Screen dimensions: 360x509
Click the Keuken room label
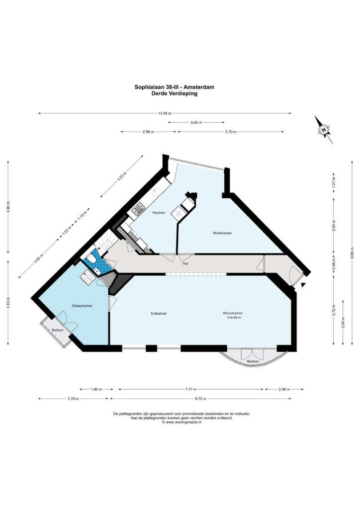click(x=159, y=213)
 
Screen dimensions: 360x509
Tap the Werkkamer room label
click(x=222, y=233)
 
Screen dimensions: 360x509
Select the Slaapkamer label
click(x=82, y=306)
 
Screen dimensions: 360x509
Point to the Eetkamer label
click(x=159, y=314)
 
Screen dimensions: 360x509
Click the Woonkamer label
click(x=233, y=313)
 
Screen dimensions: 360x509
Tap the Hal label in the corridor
click(x=185, y=264)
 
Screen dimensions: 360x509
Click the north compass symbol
click(x=324, y=130)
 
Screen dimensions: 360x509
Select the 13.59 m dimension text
click(x=165, y=113)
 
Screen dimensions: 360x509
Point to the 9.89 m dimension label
click(x=352, y=253)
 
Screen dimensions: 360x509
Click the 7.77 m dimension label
click(x=191, y=389)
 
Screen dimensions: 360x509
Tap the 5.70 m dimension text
click(x=231, y=132)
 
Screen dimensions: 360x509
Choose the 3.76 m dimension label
click(x=73, y=399)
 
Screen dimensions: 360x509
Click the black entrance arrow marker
click(x=303, y=285)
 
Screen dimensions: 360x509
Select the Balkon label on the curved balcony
click(x=253, y=361)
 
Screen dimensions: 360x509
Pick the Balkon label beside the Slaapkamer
click(x=58, y=330)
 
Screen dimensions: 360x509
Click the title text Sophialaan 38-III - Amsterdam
click(x=175, y=87)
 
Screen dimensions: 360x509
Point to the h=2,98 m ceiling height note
click(x=234, y=318)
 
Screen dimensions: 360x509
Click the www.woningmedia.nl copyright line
click(x=181, y=423)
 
